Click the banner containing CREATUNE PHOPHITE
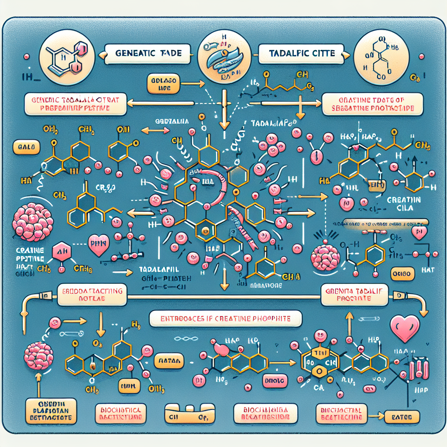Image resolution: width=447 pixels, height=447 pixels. click(225, 319)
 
